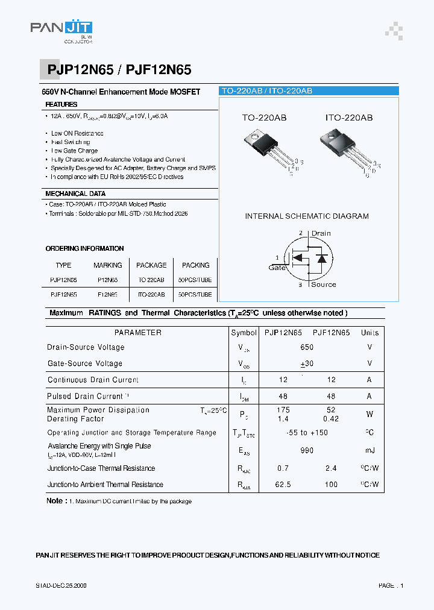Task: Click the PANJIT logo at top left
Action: [x=61, y=30]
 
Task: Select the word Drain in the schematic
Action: [x=321, y=233]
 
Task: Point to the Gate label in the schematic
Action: [x=277, y=268]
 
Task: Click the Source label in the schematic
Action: [x=323, y=285]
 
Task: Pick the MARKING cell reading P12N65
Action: [x=108, y=280]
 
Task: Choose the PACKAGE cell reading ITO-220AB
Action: [x=151, y=295]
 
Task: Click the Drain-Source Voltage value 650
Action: [x=307, y=347]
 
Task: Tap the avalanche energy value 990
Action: [x=307, y=450]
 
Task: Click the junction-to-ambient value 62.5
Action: [x=283, y=484]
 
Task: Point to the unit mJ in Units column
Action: [x=370, y=450]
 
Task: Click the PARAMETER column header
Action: [x=138, y=333]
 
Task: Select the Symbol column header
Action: [x=244, y=333]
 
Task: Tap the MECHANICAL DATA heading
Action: [x=75, y=193]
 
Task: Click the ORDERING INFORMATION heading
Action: [x=84, y=248]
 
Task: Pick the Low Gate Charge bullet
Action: [x=74, y=151]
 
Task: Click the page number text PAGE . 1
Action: [x=391, y=585]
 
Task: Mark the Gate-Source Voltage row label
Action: [x=85, y=363]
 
